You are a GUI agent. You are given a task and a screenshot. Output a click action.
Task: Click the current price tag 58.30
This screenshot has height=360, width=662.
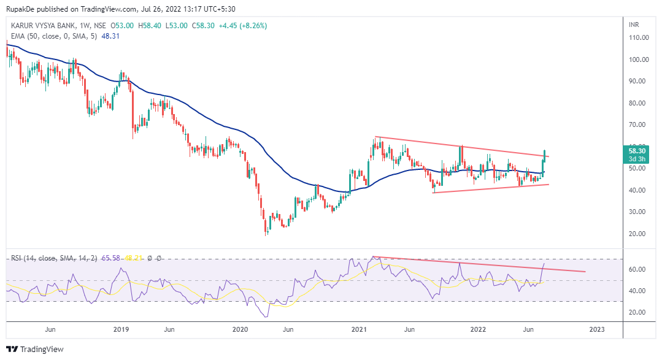(x=637, y=150)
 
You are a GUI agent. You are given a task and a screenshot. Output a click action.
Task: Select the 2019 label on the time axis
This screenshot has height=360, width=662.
(x=121, y=329)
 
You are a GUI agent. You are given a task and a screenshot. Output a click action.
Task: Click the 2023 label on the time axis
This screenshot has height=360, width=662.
(x=596, y=329)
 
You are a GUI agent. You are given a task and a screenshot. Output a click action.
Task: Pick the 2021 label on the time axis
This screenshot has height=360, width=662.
(x=359, y=329)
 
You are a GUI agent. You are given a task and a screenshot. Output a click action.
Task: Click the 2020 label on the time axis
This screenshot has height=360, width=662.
(x=240, y=329)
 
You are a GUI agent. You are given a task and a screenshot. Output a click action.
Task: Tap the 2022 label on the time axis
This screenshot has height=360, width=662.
(x=478, y=329)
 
